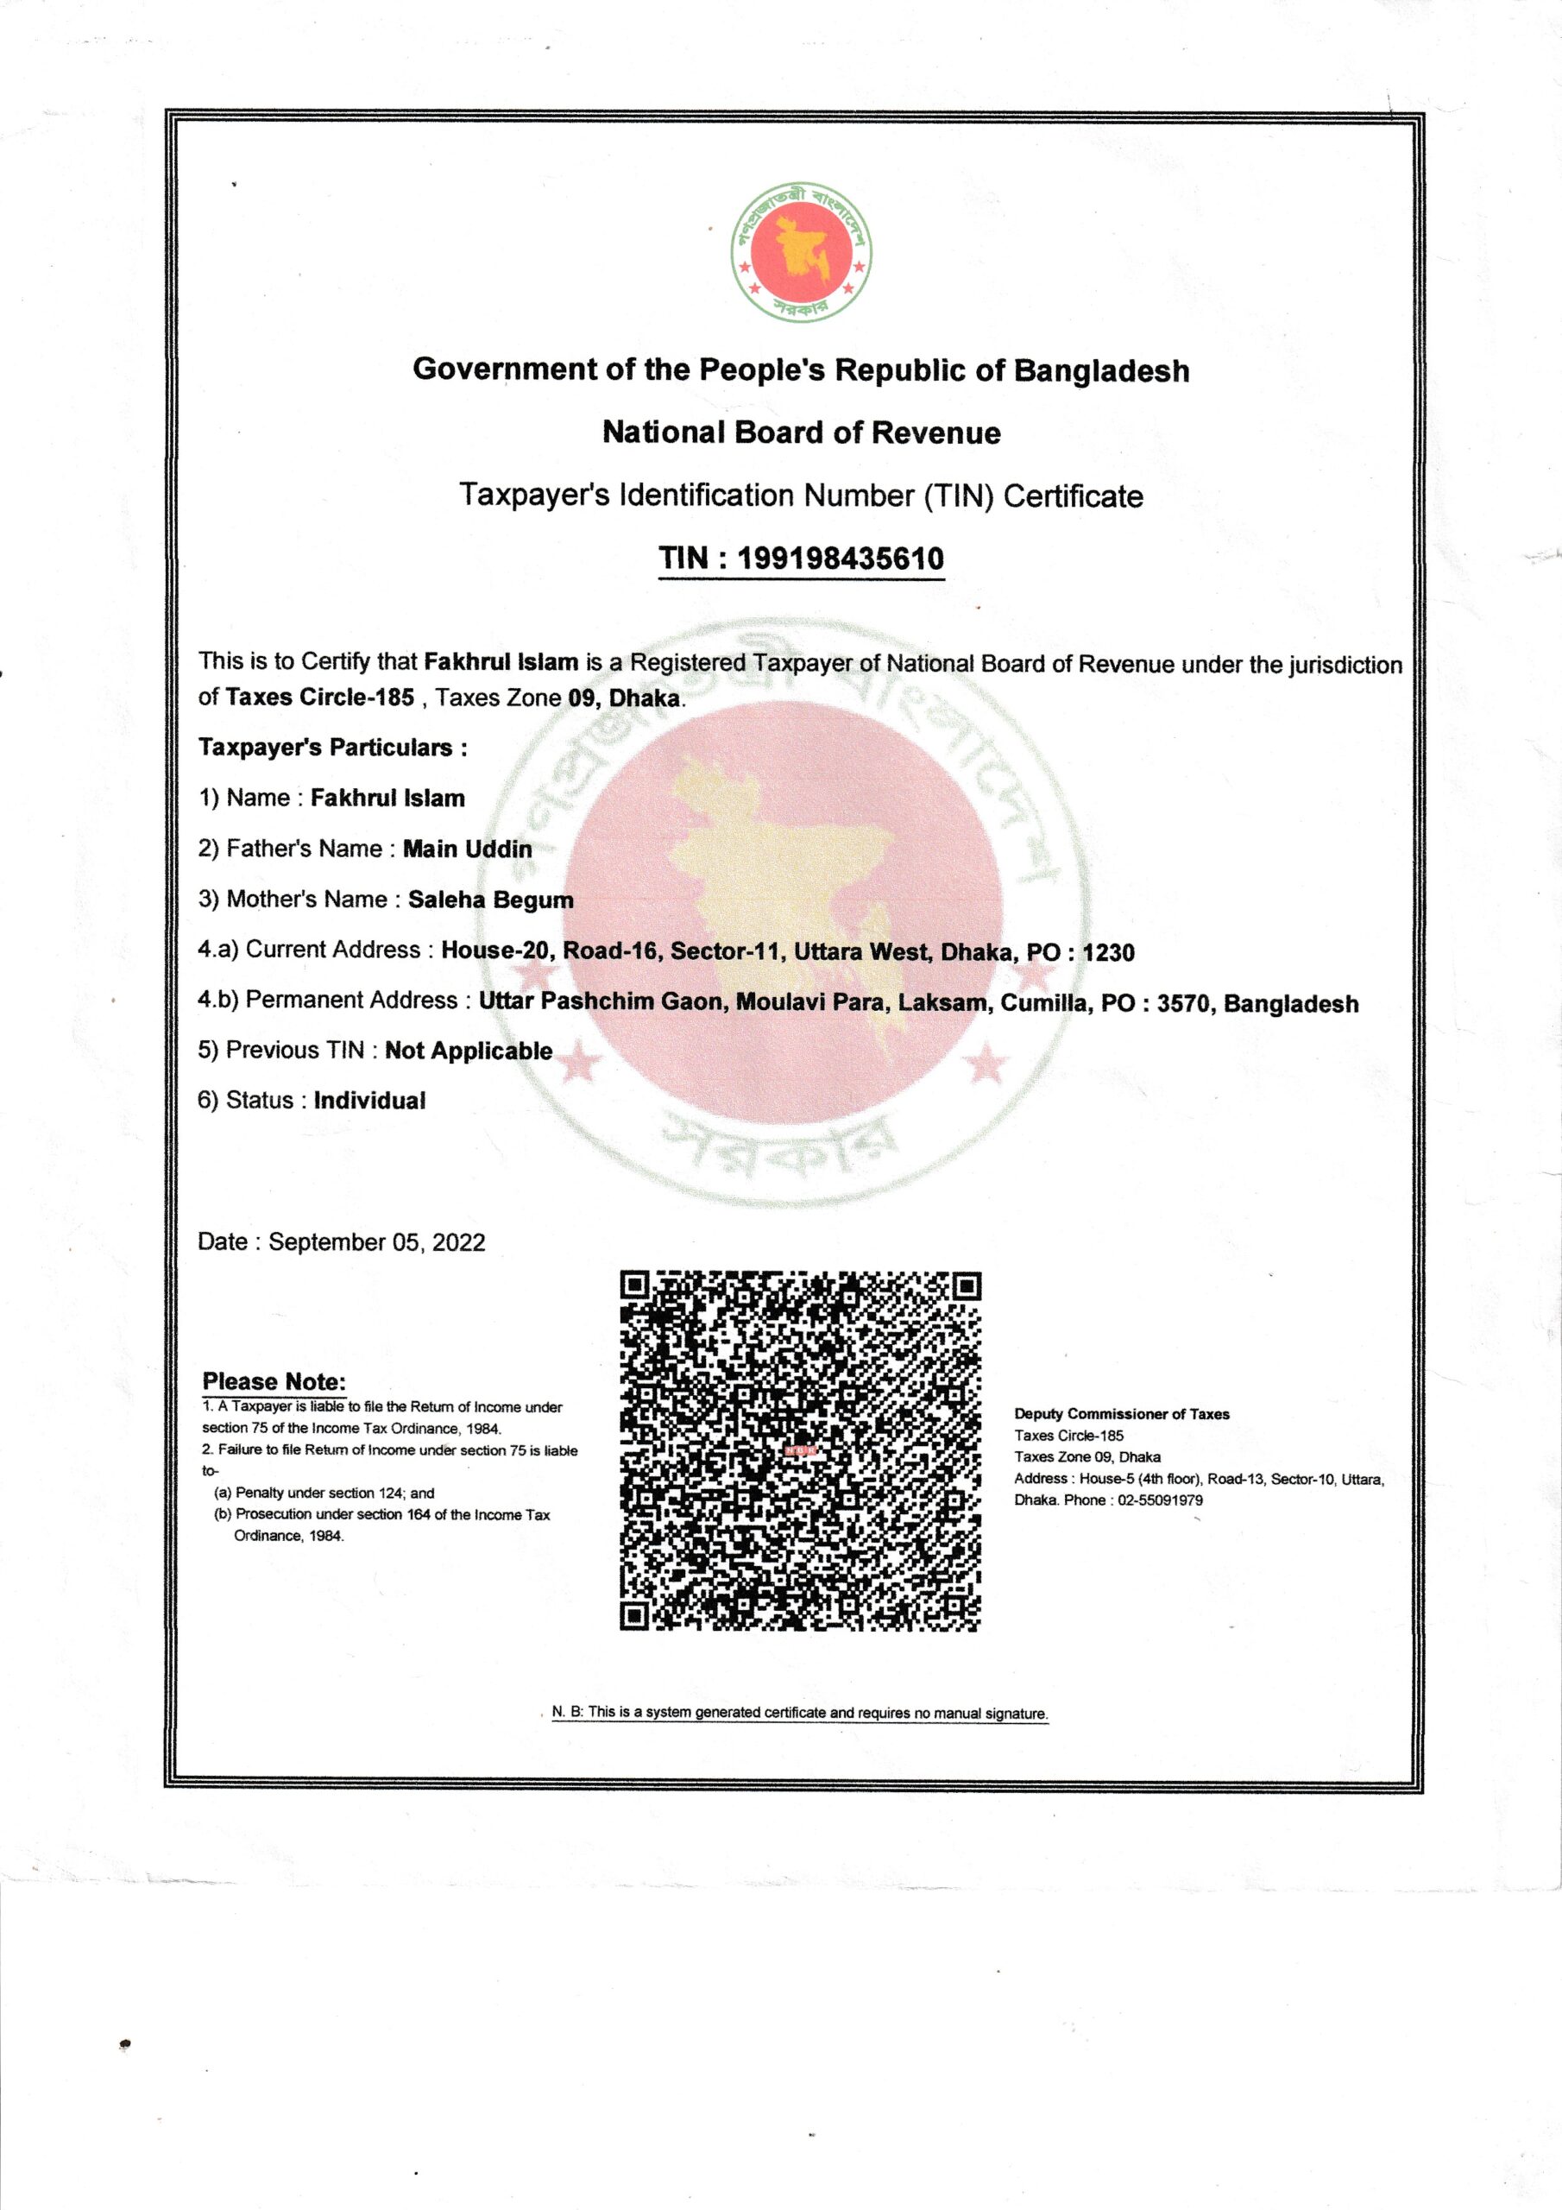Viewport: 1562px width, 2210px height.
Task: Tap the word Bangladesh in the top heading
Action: tap(1101, 370)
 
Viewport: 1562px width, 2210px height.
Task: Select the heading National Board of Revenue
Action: tap(801, 433)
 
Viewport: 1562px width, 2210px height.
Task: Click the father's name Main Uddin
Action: tap(467, 849)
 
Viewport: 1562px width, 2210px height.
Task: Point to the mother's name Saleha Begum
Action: tap(490, 900)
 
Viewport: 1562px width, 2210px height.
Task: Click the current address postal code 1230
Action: tap(1108, 953)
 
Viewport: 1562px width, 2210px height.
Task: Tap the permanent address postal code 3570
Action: tap(1183, 1003)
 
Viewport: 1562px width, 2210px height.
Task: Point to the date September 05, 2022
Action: tap(376, 1241)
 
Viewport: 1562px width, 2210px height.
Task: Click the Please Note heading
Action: tap(274, 1381)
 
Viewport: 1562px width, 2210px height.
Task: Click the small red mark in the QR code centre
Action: tap(800, 1449)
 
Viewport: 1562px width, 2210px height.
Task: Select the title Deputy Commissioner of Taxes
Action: tap(1121, 1414)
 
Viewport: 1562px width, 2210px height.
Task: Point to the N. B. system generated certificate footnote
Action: tap(799, 1713)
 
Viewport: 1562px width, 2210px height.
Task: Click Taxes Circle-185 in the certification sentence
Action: tap(319, 697)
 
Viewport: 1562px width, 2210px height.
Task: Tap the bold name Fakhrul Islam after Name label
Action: tap(387, 798)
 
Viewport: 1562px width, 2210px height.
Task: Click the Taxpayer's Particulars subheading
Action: tap(332, 748)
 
